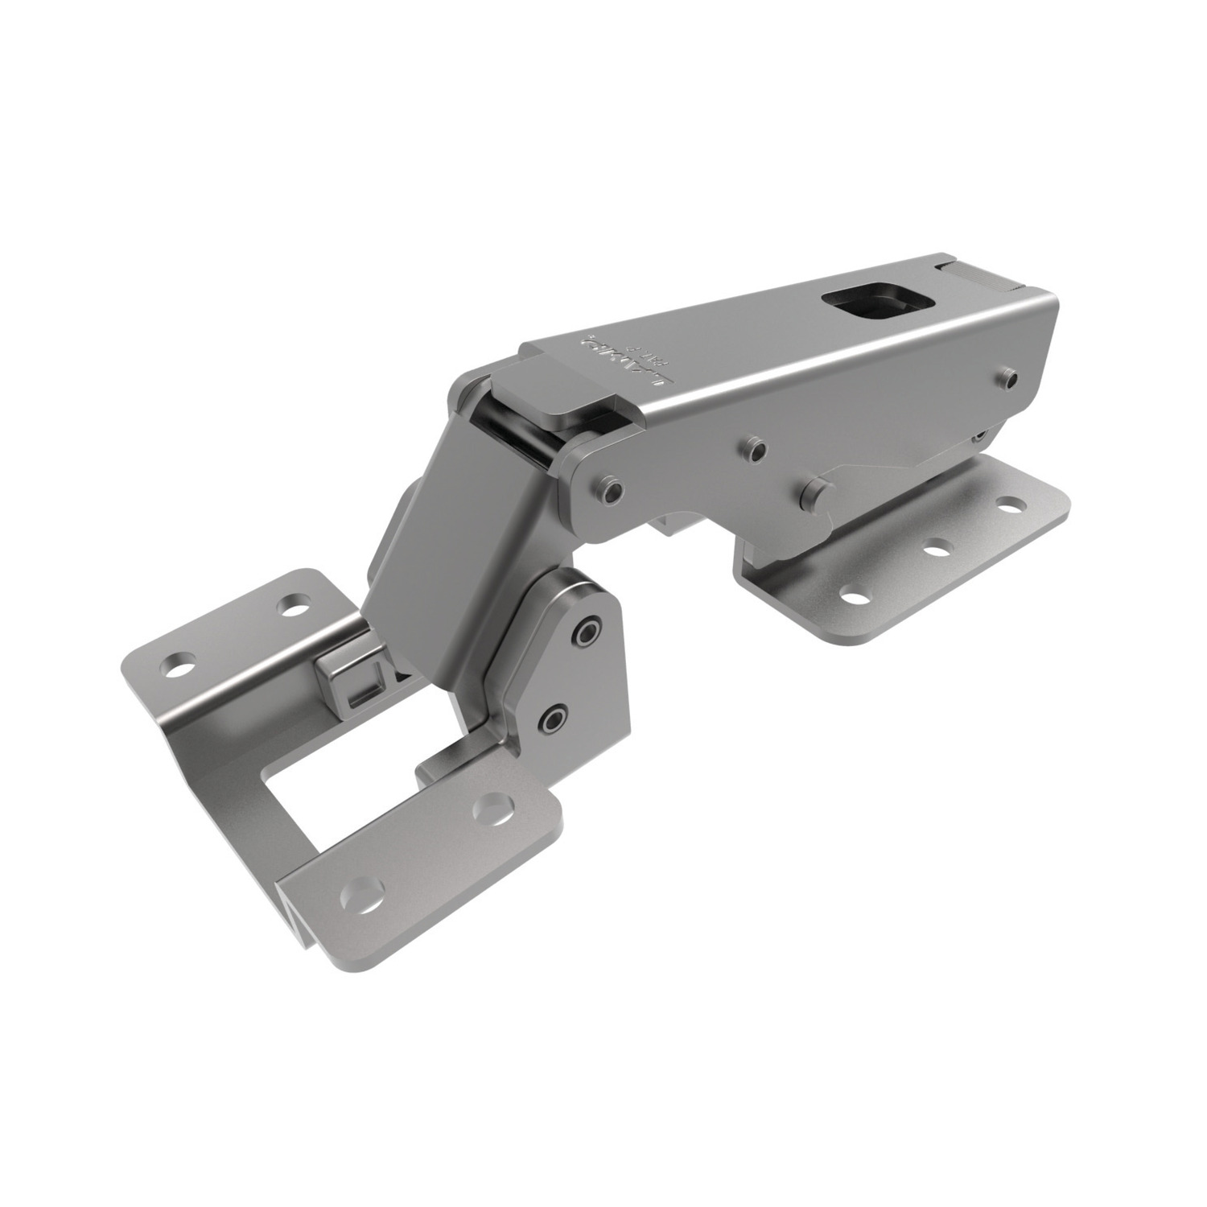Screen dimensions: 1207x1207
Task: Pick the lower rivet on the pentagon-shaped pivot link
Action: pos(554,715)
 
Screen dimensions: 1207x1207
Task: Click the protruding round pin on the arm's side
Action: pos(816,489)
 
